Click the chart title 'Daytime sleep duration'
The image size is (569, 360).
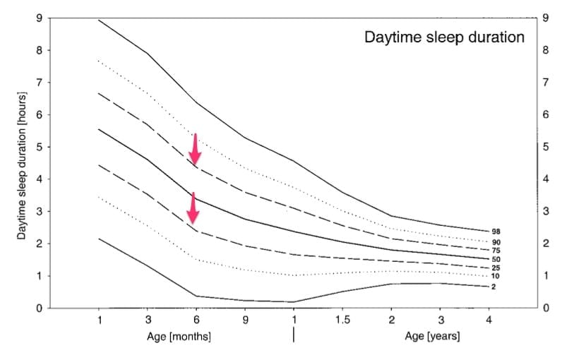(444, 37)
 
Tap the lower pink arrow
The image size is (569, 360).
(191, 208)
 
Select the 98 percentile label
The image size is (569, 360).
(496, 232)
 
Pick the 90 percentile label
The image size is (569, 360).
(496, 242)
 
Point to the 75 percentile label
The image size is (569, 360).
(496, 251)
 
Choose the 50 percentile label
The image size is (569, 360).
(496, 260)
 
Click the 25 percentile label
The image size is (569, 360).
(496, 268)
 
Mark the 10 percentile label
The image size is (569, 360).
(496, 276)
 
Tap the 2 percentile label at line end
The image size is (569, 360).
(493, 287)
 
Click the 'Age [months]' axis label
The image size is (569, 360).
(179, 337)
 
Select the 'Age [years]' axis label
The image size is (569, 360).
(432, 337)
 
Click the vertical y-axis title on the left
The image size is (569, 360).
(22, 164)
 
